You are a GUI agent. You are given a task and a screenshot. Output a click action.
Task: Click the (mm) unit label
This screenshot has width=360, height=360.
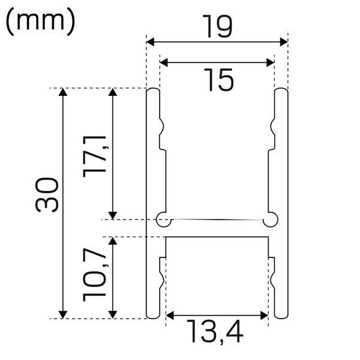pyautogui.click(x=40, y=23)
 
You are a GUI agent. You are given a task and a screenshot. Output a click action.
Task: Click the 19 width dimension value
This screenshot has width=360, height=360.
pyautogui.click(x=217, y=27)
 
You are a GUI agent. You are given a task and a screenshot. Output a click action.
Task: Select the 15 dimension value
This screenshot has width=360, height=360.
pyautogui.click(x=217, y=80)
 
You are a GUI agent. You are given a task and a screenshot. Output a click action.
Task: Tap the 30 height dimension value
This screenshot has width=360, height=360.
pyautogui.click(x=47, y=194)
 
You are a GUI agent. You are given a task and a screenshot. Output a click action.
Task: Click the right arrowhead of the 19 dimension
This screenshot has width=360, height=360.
pyautogui.click(x=284, y=42)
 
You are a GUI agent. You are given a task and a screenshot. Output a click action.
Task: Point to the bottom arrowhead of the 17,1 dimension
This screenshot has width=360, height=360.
pyautogui.click(x=112, y=214)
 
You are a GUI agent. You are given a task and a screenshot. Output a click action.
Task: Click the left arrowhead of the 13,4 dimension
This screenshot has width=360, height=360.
pyautogui.click(x=170, y=314)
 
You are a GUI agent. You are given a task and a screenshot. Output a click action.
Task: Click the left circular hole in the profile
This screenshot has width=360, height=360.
pyautogui.click(x=162, y=220)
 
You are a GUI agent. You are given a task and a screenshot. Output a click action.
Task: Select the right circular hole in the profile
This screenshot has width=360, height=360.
pyautogui.click(x=271, y=220)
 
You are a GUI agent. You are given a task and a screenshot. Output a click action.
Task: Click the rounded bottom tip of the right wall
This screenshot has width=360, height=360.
pyautogui.click(x=281, y=316)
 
